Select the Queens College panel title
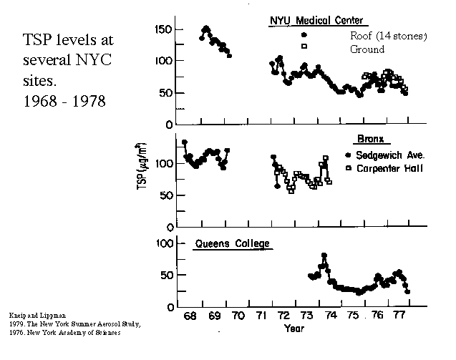tap(233, 244)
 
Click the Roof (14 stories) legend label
tap(389, 35)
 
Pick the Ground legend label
tap(367, 49)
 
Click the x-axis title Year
tap(294, 329)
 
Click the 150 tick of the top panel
tap(164, 29)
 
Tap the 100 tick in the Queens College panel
tap(164, 243)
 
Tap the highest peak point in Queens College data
tap(324, 256)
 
